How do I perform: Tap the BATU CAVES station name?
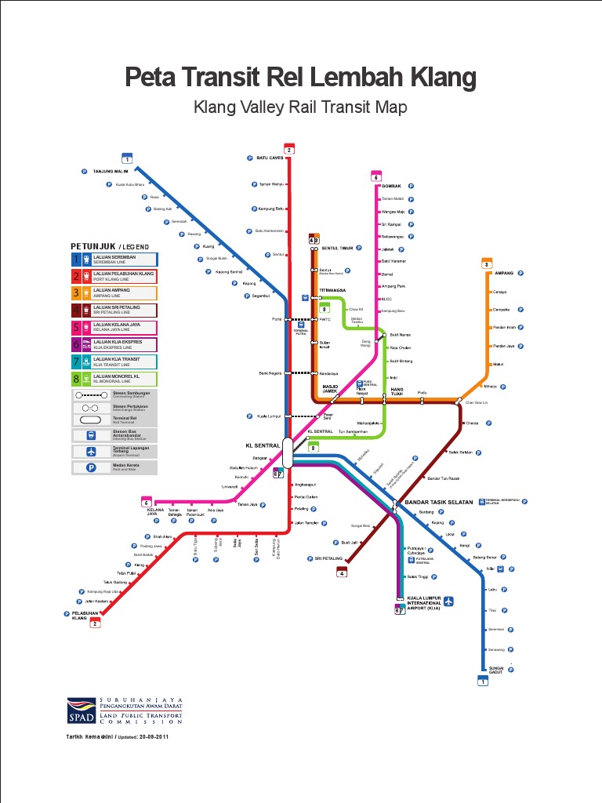270,158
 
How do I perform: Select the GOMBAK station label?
391,186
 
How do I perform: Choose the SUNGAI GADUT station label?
495,670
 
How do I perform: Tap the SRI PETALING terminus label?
329,559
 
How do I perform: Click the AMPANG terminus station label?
504,274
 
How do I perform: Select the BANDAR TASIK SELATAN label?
439,503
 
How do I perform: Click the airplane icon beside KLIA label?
449,601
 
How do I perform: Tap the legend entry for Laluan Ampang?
114,293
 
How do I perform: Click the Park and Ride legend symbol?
91,467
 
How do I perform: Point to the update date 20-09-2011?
154,737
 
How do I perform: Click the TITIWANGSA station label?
333,290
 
